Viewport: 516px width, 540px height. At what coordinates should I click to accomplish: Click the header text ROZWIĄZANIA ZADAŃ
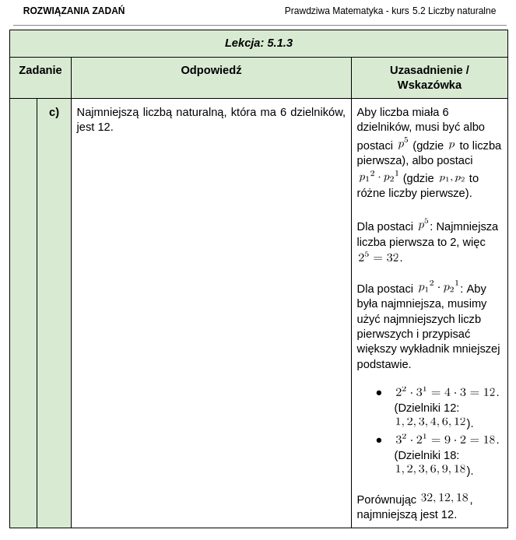tap(74, 11)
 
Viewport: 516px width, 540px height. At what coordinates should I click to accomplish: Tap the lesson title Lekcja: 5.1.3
tap(258, 43)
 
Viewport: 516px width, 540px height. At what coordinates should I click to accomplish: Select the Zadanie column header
tap(40, 70)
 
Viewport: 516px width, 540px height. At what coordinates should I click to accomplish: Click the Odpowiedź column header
tap(211, 70)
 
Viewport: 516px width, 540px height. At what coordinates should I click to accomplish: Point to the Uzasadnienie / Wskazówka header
tap(429, 77)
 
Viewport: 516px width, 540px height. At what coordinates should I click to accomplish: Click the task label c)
tap(54, 112)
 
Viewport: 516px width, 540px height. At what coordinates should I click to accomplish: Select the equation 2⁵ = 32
tap(380, 258)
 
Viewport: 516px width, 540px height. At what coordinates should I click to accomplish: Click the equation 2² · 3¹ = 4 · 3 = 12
tap(447, 392)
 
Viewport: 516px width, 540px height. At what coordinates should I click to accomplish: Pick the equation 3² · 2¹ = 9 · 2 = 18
tap(447, 440)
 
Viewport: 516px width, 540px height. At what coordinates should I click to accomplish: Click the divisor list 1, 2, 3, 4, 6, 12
tap(430, 422)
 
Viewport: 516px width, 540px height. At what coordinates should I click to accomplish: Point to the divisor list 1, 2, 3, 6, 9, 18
tap(430, 469)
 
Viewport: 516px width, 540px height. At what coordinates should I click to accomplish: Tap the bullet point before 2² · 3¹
tap(379, 393)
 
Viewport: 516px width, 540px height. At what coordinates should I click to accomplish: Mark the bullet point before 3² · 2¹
tap(379, 440)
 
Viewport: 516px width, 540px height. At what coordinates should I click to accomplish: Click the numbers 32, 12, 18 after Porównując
tap(444, 498)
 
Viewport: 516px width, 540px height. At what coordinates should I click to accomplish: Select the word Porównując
tap(386, 500)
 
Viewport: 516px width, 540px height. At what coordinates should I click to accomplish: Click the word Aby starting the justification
tap(367, 112)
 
